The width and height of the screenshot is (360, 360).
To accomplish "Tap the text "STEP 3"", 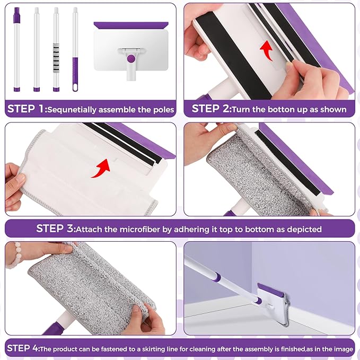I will tap(55, 229).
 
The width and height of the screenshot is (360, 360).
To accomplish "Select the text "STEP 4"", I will tap(23, 348).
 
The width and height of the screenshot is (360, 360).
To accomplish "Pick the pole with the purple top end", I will tap(16, 48).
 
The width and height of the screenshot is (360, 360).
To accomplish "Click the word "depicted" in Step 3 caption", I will tap(303, 229).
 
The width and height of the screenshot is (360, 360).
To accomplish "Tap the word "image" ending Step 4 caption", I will tap(341, 349).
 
